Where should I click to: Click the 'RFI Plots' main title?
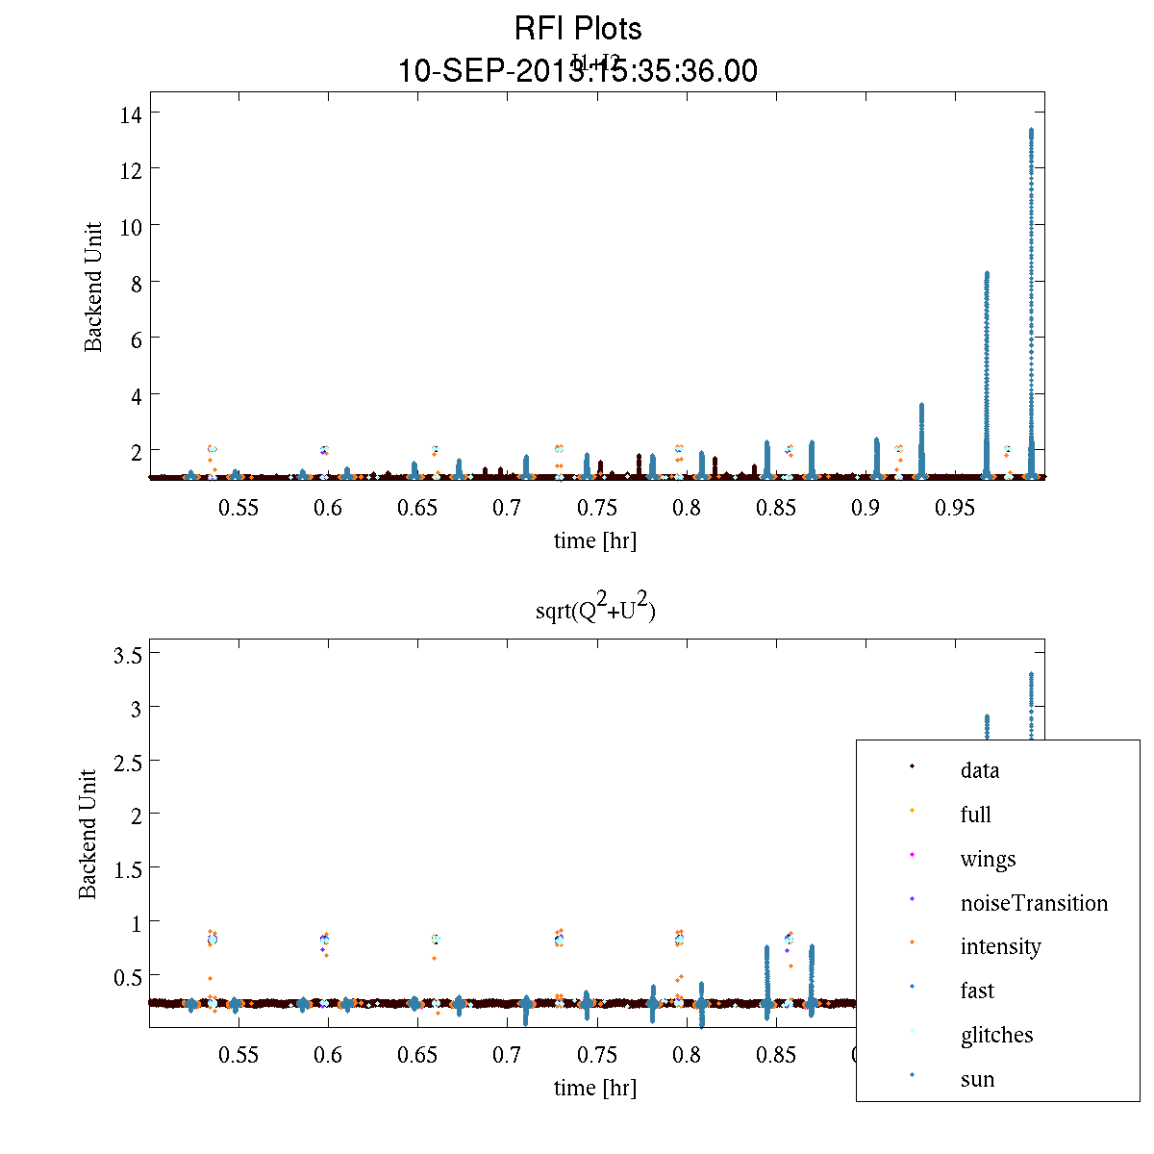(578, 29)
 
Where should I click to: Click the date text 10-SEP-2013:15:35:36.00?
(578, 71)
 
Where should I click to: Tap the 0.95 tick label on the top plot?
(955, 508)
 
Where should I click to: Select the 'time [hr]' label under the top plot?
(594, 540)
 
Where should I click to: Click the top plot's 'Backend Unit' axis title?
(93, 288)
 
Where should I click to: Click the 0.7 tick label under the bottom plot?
(507, 1055)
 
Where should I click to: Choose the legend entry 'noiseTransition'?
(1034, 903)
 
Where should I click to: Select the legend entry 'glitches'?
(996, 1035)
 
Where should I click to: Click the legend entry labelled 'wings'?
(988, 859)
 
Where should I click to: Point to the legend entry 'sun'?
(977, 1079)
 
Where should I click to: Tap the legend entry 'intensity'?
(1000, 946)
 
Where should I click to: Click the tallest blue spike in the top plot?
(1031, 288)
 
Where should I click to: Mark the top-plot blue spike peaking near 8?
(987, 365)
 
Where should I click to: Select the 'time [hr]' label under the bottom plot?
(594, 1088)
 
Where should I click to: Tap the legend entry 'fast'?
(977, 991)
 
